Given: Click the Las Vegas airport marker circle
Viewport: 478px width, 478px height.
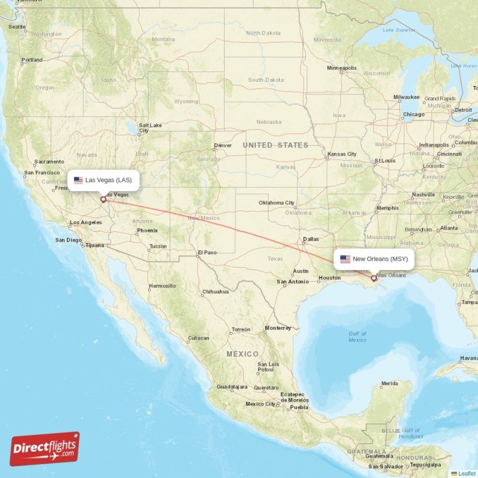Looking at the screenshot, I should tap(103, 199).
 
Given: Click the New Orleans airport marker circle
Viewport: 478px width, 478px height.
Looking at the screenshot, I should tap(374, 277).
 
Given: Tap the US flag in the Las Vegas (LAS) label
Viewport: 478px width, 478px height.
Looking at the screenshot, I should tap(78, 180).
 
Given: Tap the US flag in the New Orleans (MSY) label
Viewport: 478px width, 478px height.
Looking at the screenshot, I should tap(345, 259).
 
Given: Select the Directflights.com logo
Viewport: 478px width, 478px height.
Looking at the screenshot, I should tap(45, 449).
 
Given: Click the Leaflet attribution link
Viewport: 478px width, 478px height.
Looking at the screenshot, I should tap(467, 473).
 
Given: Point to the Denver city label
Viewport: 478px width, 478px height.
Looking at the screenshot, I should tap(223, 145).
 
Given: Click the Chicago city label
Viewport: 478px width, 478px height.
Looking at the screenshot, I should tap(413, 114).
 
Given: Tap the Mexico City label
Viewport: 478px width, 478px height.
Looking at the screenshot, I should tap(261, 404).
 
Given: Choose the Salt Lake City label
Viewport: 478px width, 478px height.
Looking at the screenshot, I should tap(149, 128).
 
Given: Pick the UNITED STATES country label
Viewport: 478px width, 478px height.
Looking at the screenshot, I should tap(275, 145).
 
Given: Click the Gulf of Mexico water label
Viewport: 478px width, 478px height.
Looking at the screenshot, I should tap(357, 336).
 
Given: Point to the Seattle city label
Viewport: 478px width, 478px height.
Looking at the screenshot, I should tap(17, 26).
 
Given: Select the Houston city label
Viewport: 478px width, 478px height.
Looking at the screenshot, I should tap(329, 278).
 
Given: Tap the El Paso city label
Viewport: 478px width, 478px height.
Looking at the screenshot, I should tap(207, 253).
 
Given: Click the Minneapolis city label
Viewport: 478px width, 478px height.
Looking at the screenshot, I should tap(342, 68).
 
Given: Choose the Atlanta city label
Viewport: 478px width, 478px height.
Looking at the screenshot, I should tap(449, 228).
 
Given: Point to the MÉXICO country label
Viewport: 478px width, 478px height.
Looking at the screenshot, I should tap(243, 354).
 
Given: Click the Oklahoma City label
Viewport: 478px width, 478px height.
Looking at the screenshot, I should tap(277, 203).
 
